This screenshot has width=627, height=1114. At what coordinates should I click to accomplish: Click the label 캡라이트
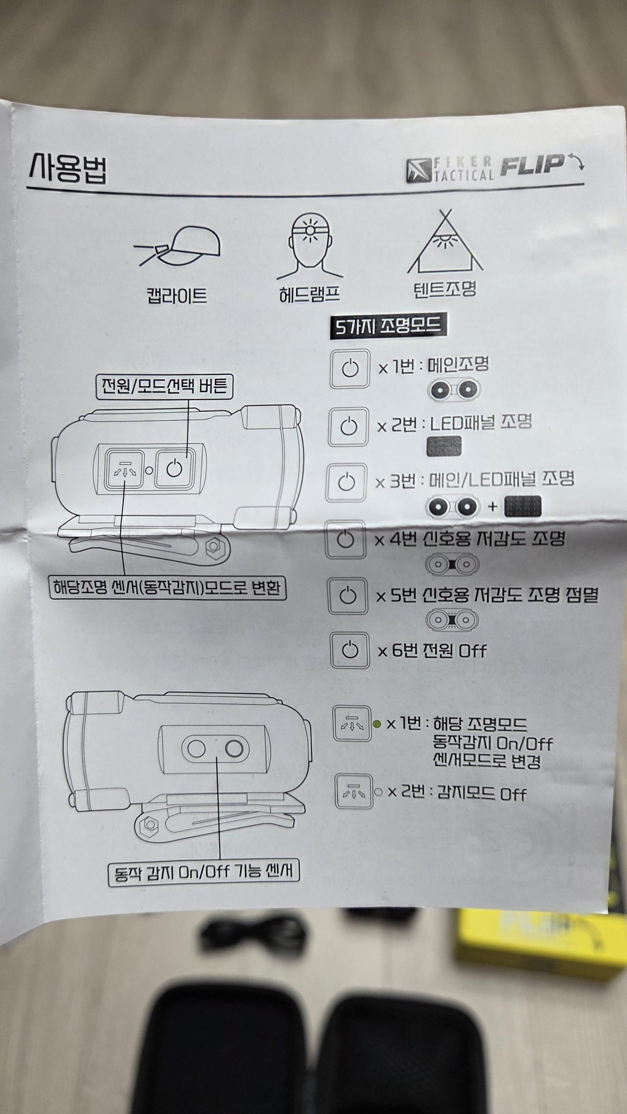pyautogui.click(x=176, y=296)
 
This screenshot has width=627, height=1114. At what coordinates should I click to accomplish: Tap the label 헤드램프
pyautogui.click(x=309, y=294)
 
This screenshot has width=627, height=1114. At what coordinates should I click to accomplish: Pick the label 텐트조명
pyautogui.click(x=445, y=289)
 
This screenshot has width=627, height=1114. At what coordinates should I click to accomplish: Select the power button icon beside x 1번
pyautogui.click(x=350, y=368)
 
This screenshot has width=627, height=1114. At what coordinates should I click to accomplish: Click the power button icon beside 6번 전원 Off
pyautogui.click(x=349, y=651)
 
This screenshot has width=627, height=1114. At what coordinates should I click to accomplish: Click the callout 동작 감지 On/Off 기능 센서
pyautogui.click(x=203, y=872)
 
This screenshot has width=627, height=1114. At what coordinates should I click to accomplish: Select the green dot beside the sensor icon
pyautogui.click(x=377, y=724)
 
